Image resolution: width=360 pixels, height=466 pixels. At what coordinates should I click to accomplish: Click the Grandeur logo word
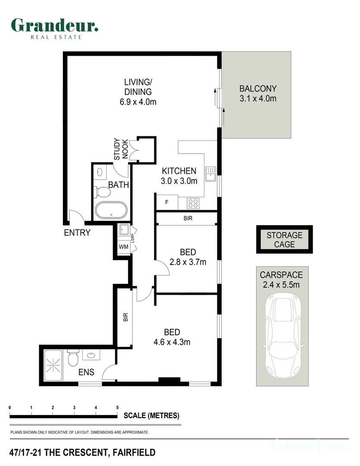coord(55,25)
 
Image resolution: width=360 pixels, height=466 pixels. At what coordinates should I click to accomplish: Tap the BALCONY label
coord(258,88)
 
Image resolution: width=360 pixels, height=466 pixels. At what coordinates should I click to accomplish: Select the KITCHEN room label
coord(179,171)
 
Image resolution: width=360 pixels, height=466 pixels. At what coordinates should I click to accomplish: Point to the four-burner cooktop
coord(193,204)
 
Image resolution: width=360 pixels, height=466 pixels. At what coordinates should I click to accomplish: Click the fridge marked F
coord(167,202)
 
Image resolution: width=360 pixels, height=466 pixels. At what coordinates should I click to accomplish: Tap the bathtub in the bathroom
coord(111,211)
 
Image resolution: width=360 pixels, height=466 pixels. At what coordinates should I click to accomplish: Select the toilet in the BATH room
coord(102,192)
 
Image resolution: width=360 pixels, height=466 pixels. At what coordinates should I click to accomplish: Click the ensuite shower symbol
coord(53,365)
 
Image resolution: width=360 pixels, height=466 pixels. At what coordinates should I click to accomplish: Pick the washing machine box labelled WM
coord(124,247)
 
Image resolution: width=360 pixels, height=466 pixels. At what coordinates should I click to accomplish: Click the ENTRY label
coord(77,233)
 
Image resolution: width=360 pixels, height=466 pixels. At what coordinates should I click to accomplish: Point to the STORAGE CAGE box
coord(284,239)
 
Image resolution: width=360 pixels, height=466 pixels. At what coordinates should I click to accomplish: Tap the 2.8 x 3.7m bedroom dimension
coord(188,262)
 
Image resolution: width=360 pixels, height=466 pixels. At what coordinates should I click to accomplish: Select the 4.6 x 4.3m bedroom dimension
coord(172,342)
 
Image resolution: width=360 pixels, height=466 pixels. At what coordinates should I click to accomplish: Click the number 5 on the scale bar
coord(117,407)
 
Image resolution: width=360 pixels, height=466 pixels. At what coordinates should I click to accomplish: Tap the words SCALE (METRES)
coord(151,416)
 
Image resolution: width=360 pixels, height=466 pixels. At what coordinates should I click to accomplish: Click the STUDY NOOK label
coord(121,149)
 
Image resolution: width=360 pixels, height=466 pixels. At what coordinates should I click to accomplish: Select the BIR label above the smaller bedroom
coord(188,218)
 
